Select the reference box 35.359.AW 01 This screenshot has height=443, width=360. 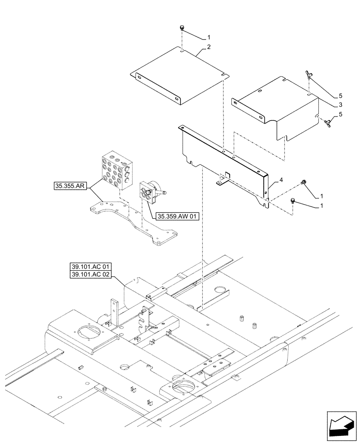[178, 217]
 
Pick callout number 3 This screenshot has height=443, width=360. [340, 105]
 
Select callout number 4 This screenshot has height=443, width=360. [281, 181]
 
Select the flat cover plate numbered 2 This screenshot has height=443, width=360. [177, 78]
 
